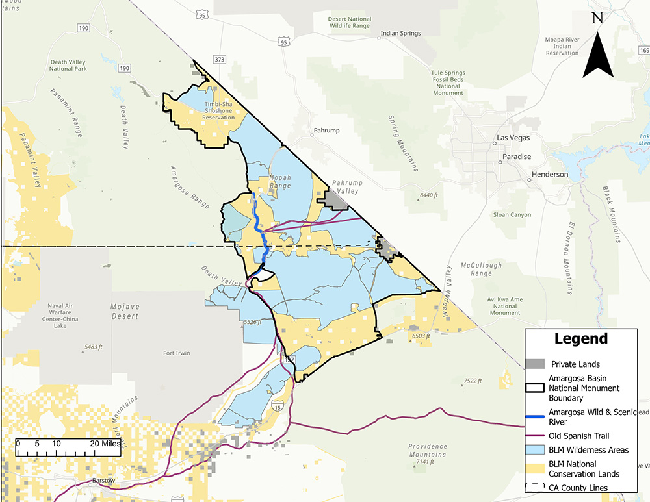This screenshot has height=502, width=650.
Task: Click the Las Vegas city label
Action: point(513,138)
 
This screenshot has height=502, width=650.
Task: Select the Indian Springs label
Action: point(400,33)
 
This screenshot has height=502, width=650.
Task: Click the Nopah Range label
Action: point(281,181)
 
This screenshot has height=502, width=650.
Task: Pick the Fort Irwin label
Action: point(177,353)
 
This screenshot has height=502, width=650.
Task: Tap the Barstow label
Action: point(104,480)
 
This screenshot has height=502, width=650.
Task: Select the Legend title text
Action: point(580,338)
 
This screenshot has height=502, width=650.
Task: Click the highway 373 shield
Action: point(220,60)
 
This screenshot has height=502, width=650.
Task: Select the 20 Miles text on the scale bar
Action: point(103,444)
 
